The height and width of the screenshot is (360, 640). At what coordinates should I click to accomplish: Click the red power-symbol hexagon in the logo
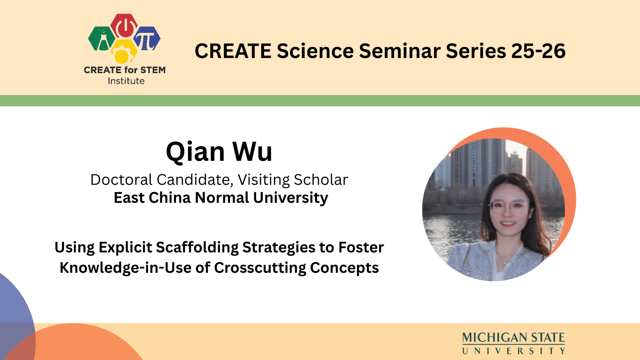point(124,26)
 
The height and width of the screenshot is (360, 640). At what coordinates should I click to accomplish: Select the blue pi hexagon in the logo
point(147,38)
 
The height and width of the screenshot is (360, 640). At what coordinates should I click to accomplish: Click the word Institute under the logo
point(126,81)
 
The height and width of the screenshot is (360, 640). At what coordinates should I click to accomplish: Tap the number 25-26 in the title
point(538,51)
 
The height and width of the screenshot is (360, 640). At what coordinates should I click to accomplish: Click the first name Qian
point(195,152)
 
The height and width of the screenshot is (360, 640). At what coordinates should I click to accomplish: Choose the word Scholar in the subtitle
point(321,180)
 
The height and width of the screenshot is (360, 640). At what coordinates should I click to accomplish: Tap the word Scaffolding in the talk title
point(198,248)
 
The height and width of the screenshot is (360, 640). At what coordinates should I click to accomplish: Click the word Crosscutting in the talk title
point(260,268)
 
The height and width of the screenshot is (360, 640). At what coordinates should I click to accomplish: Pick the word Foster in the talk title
point(361,248)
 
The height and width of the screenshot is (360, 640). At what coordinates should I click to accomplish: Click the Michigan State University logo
point(514,343)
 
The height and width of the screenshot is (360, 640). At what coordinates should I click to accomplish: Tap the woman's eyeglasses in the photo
point(509,207)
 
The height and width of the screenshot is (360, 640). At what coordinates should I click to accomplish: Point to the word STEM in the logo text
point(153,70)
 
